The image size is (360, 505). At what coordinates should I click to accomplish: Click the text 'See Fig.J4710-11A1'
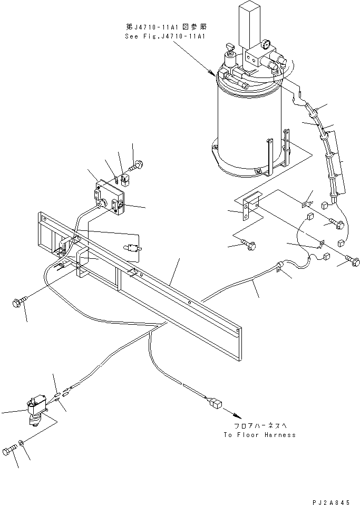pos(166,36)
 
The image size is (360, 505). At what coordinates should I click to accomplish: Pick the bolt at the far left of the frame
pos(18,303)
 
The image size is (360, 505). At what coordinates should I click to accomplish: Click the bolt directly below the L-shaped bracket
pos(249,245)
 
